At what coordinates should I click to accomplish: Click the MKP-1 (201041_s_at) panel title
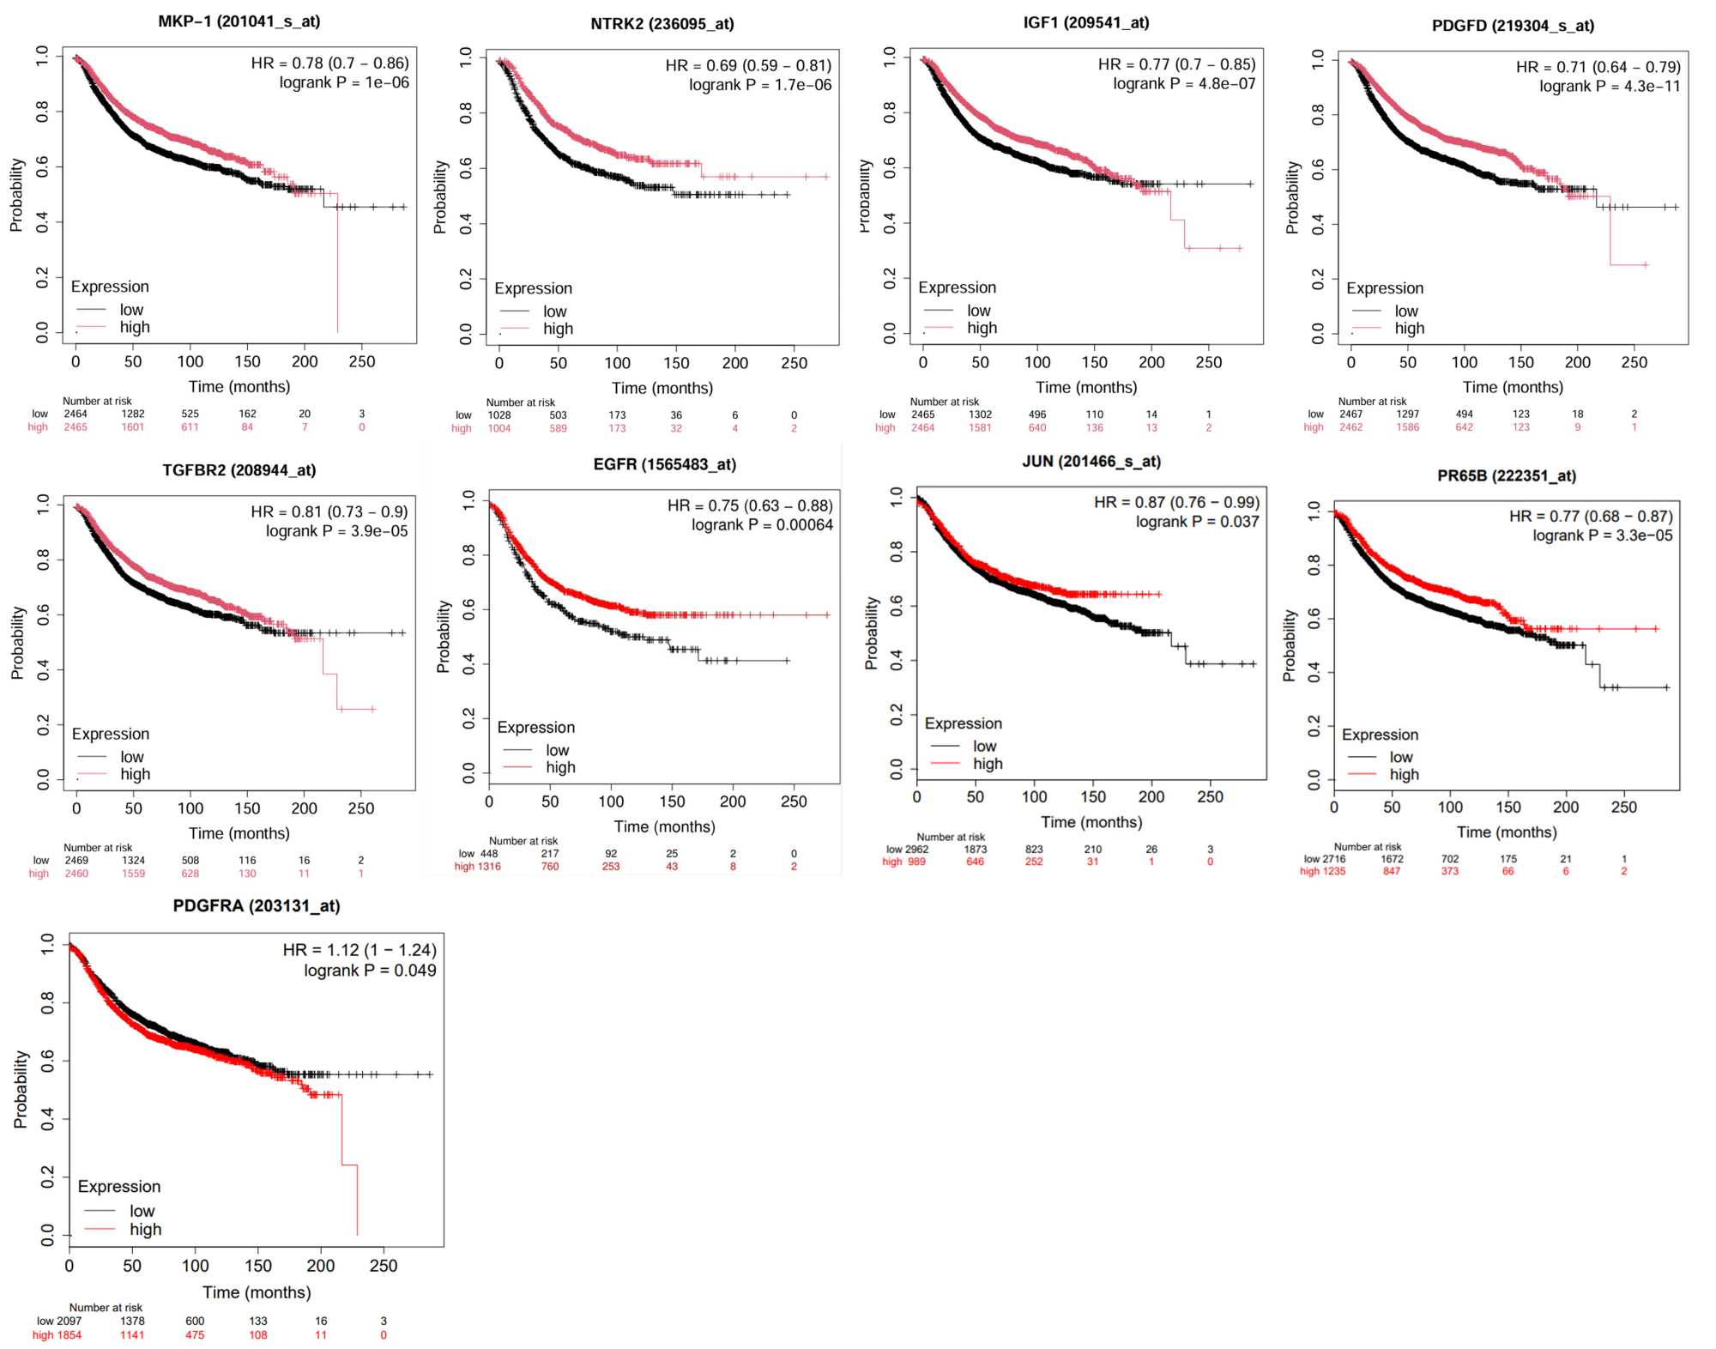tap(239, 21)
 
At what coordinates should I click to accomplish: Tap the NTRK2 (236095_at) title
tap(662, 24)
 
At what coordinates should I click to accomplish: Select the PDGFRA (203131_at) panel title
tap(257, 906)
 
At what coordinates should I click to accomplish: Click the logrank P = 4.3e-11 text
tap(1609, 86)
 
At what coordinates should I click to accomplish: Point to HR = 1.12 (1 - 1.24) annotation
tap(360, 950)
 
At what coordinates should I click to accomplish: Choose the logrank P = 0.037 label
tap(1197, 522)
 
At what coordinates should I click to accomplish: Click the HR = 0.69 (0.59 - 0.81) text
tap(748, 65)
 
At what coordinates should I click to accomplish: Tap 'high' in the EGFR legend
tap(560, 767)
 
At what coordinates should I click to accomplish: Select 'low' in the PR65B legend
tap(1400, 757)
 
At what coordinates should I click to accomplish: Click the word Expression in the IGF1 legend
tap(957, 287)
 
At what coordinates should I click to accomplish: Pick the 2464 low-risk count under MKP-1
tap(76, 414)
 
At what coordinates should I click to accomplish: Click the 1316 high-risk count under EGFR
tap(489, 867)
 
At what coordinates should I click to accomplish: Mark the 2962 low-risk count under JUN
tap(917, 850)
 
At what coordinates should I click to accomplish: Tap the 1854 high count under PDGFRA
tap(69, 1335)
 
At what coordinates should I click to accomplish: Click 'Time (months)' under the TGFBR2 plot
tap(239, 833)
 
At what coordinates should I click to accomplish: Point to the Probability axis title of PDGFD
tap(1292, 197)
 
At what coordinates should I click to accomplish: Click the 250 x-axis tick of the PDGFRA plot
tap(383, 1266)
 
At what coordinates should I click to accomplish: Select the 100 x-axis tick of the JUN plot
tap(1034, 796)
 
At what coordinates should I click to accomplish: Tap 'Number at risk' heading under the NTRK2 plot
tap(520, 402)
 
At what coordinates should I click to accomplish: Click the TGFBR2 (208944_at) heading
tap(239, 470)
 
